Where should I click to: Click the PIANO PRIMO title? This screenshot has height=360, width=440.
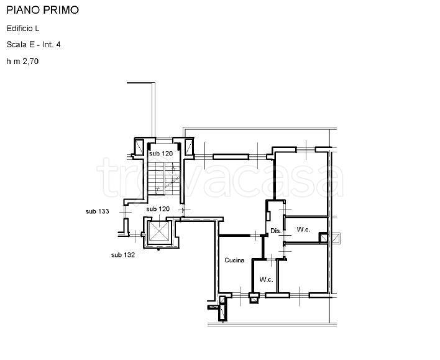43,10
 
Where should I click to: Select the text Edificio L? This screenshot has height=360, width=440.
23,29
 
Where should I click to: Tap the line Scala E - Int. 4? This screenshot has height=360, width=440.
34,45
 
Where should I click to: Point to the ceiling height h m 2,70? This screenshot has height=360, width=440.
22,61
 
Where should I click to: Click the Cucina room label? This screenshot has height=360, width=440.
234,261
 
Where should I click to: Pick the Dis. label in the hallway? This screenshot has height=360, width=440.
276,231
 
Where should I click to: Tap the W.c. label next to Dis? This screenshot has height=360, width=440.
304,229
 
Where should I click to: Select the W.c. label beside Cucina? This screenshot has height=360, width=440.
267,279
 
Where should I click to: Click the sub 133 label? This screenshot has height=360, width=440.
98,211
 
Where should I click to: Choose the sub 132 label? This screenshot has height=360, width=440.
123,255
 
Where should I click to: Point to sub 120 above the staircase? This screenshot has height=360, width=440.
161,154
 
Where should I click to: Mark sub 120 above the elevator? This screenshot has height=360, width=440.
158,209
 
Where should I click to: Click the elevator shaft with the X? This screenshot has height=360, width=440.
159,232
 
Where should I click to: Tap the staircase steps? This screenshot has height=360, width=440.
164,178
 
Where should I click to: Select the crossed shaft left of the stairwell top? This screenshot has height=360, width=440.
139,147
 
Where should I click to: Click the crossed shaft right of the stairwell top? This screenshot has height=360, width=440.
189,147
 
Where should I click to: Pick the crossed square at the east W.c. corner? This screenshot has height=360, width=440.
324,238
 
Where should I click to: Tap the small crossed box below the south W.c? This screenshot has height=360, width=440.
254,300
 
